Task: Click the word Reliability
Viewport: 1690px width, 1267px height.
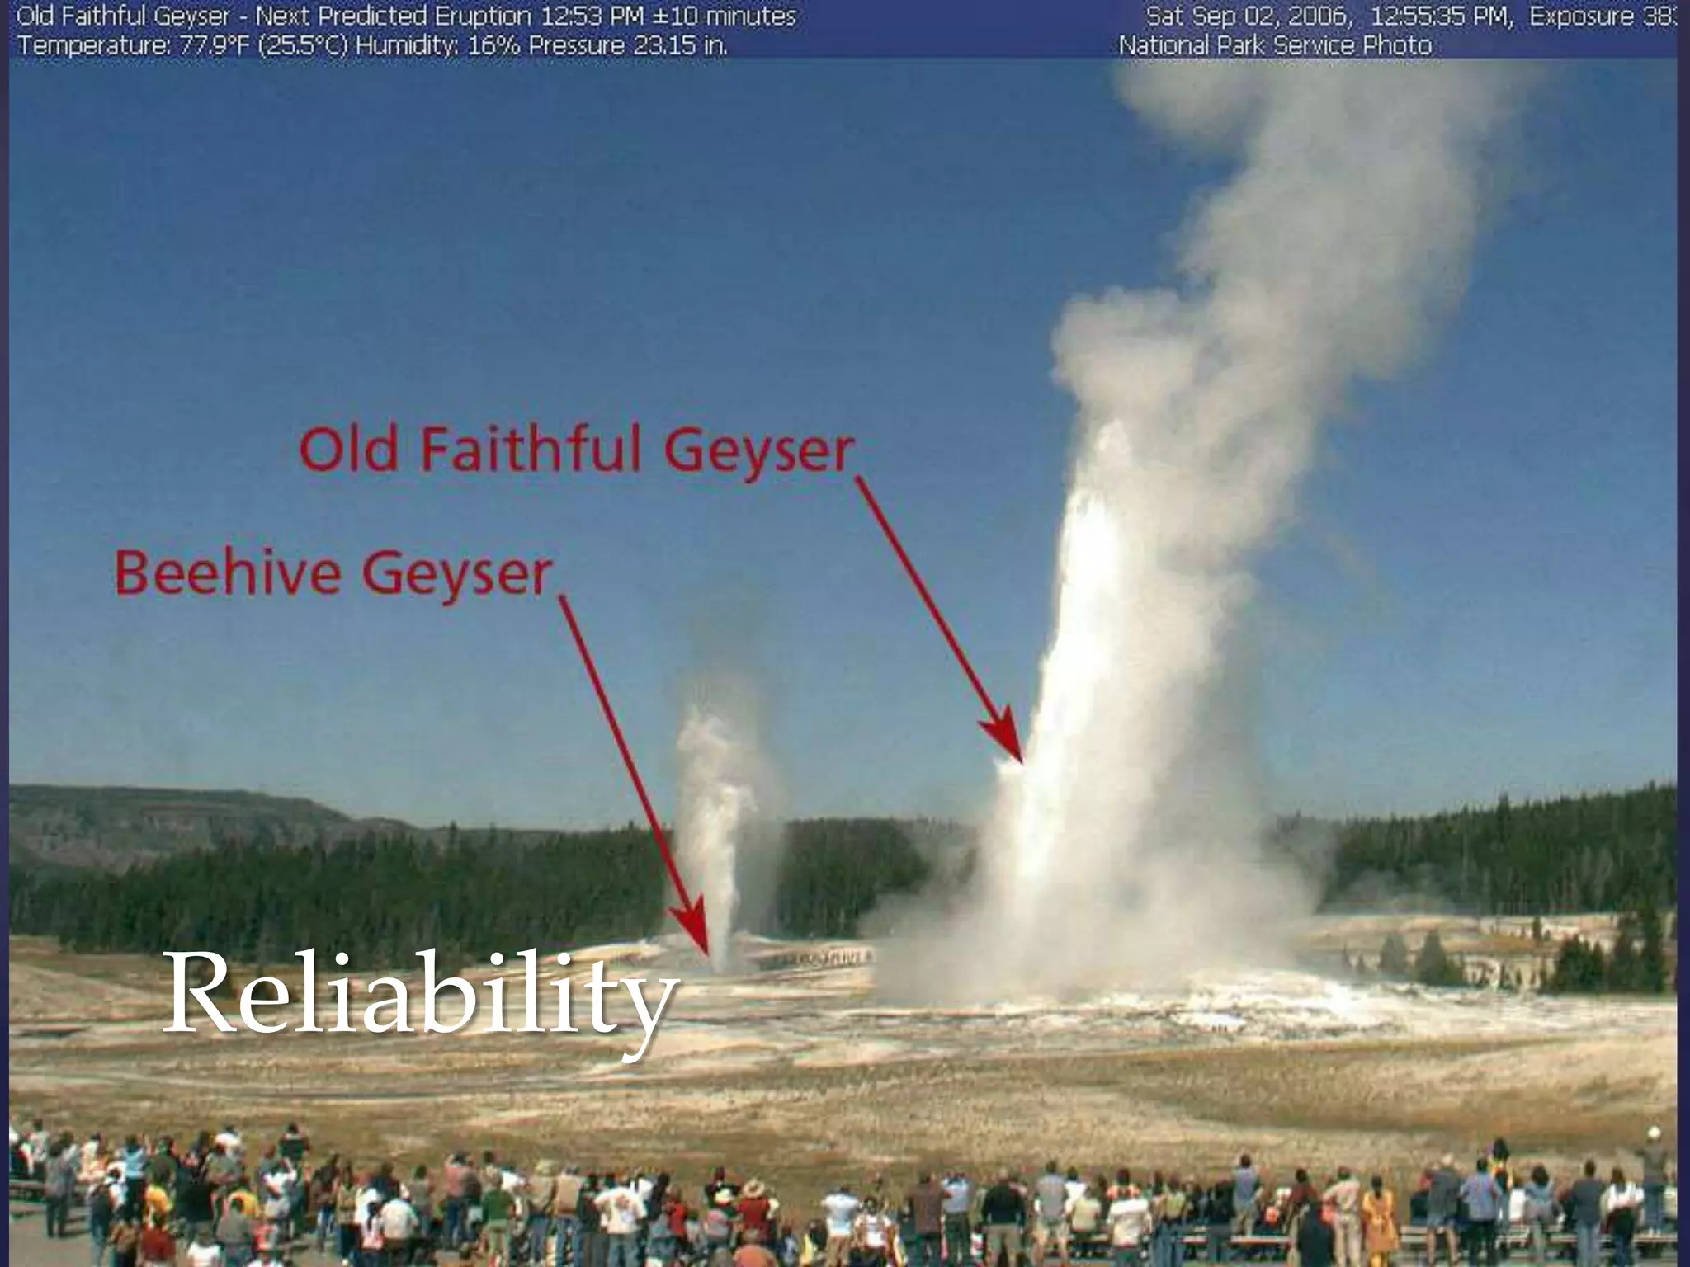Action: (x=421, y=993)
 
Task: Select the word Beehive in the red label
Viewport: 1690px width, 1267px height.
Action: (x=228, y=572)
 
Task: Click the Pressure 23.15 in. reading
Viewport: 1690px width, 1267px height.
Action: (x=628, y=45)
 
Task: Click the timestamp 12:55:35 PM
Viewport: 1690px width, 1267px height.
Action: (x=1441, y=16)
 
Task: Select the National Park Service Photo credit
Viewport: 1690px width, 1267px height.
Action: (x=1275, y=45)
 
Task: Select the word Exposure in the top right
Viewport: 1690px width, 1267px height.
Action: (x=1581, y=16)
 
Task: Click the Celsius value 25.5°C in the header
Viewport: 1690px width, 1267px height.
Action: (x=303, y=45)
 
